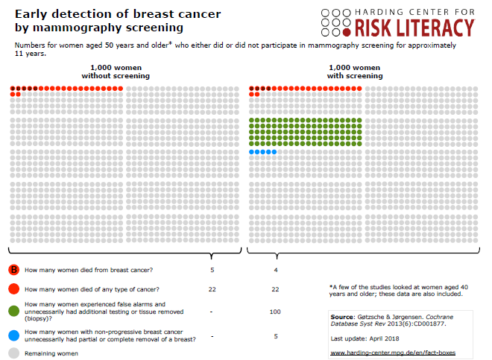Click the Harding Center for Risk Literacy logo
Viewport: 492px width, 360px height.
pos(397,22)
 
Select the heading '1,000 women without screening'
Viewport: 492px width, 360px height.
pos(116,72)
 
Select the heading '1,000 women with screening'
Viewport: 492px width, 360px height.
pos(354,72)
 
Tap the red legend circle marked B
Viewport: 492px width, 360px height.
pos(14,269)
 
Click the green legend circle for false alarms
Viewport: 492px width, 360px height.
pos(14,311)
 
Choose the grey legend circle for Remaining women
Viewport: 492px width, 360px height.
pos(14,353)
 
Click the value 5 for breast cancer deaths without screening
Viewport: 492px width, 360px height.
pos(212,269)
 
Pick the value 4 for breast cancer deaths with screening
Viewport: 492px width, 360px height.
pos(276,269)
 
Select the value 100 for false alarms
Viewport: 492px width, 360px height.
pos(276,311)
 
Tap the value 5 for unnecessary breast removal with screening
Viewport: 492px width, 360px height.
pos(276,335)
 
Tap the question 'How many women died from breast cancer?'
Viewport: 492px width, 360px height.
pos(89,269)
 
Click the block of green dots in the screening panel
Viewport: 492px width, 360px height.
pos(305,131)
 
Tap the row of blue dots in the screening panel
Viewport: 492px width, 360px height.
pos(263,152)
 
